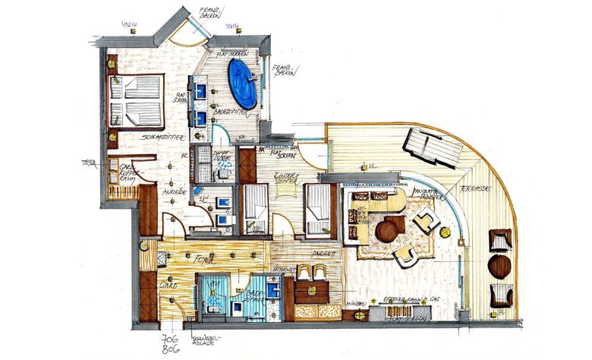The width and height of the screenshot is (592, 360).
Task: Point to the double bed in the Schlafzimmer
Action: pyautogui.click(x=137, y=101)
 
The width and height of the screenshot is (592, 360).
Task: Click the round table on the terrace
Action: pyautogui.click(x=500, y=266)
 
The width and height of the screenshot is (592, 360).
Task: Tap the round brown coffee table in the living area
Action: pyautogui.click(x=389, y=228)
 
